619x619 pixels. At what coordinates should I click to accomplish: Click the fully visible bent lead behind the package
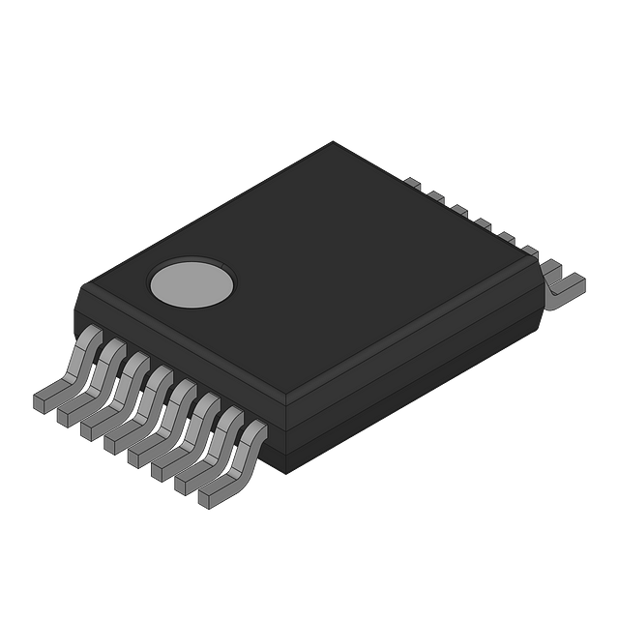point(564,281)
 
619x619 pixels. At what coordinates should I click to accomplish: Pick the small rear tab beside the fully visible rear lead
point(530,251)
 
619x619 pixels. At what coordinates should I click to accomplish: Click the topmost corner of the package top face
point(337,142)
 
